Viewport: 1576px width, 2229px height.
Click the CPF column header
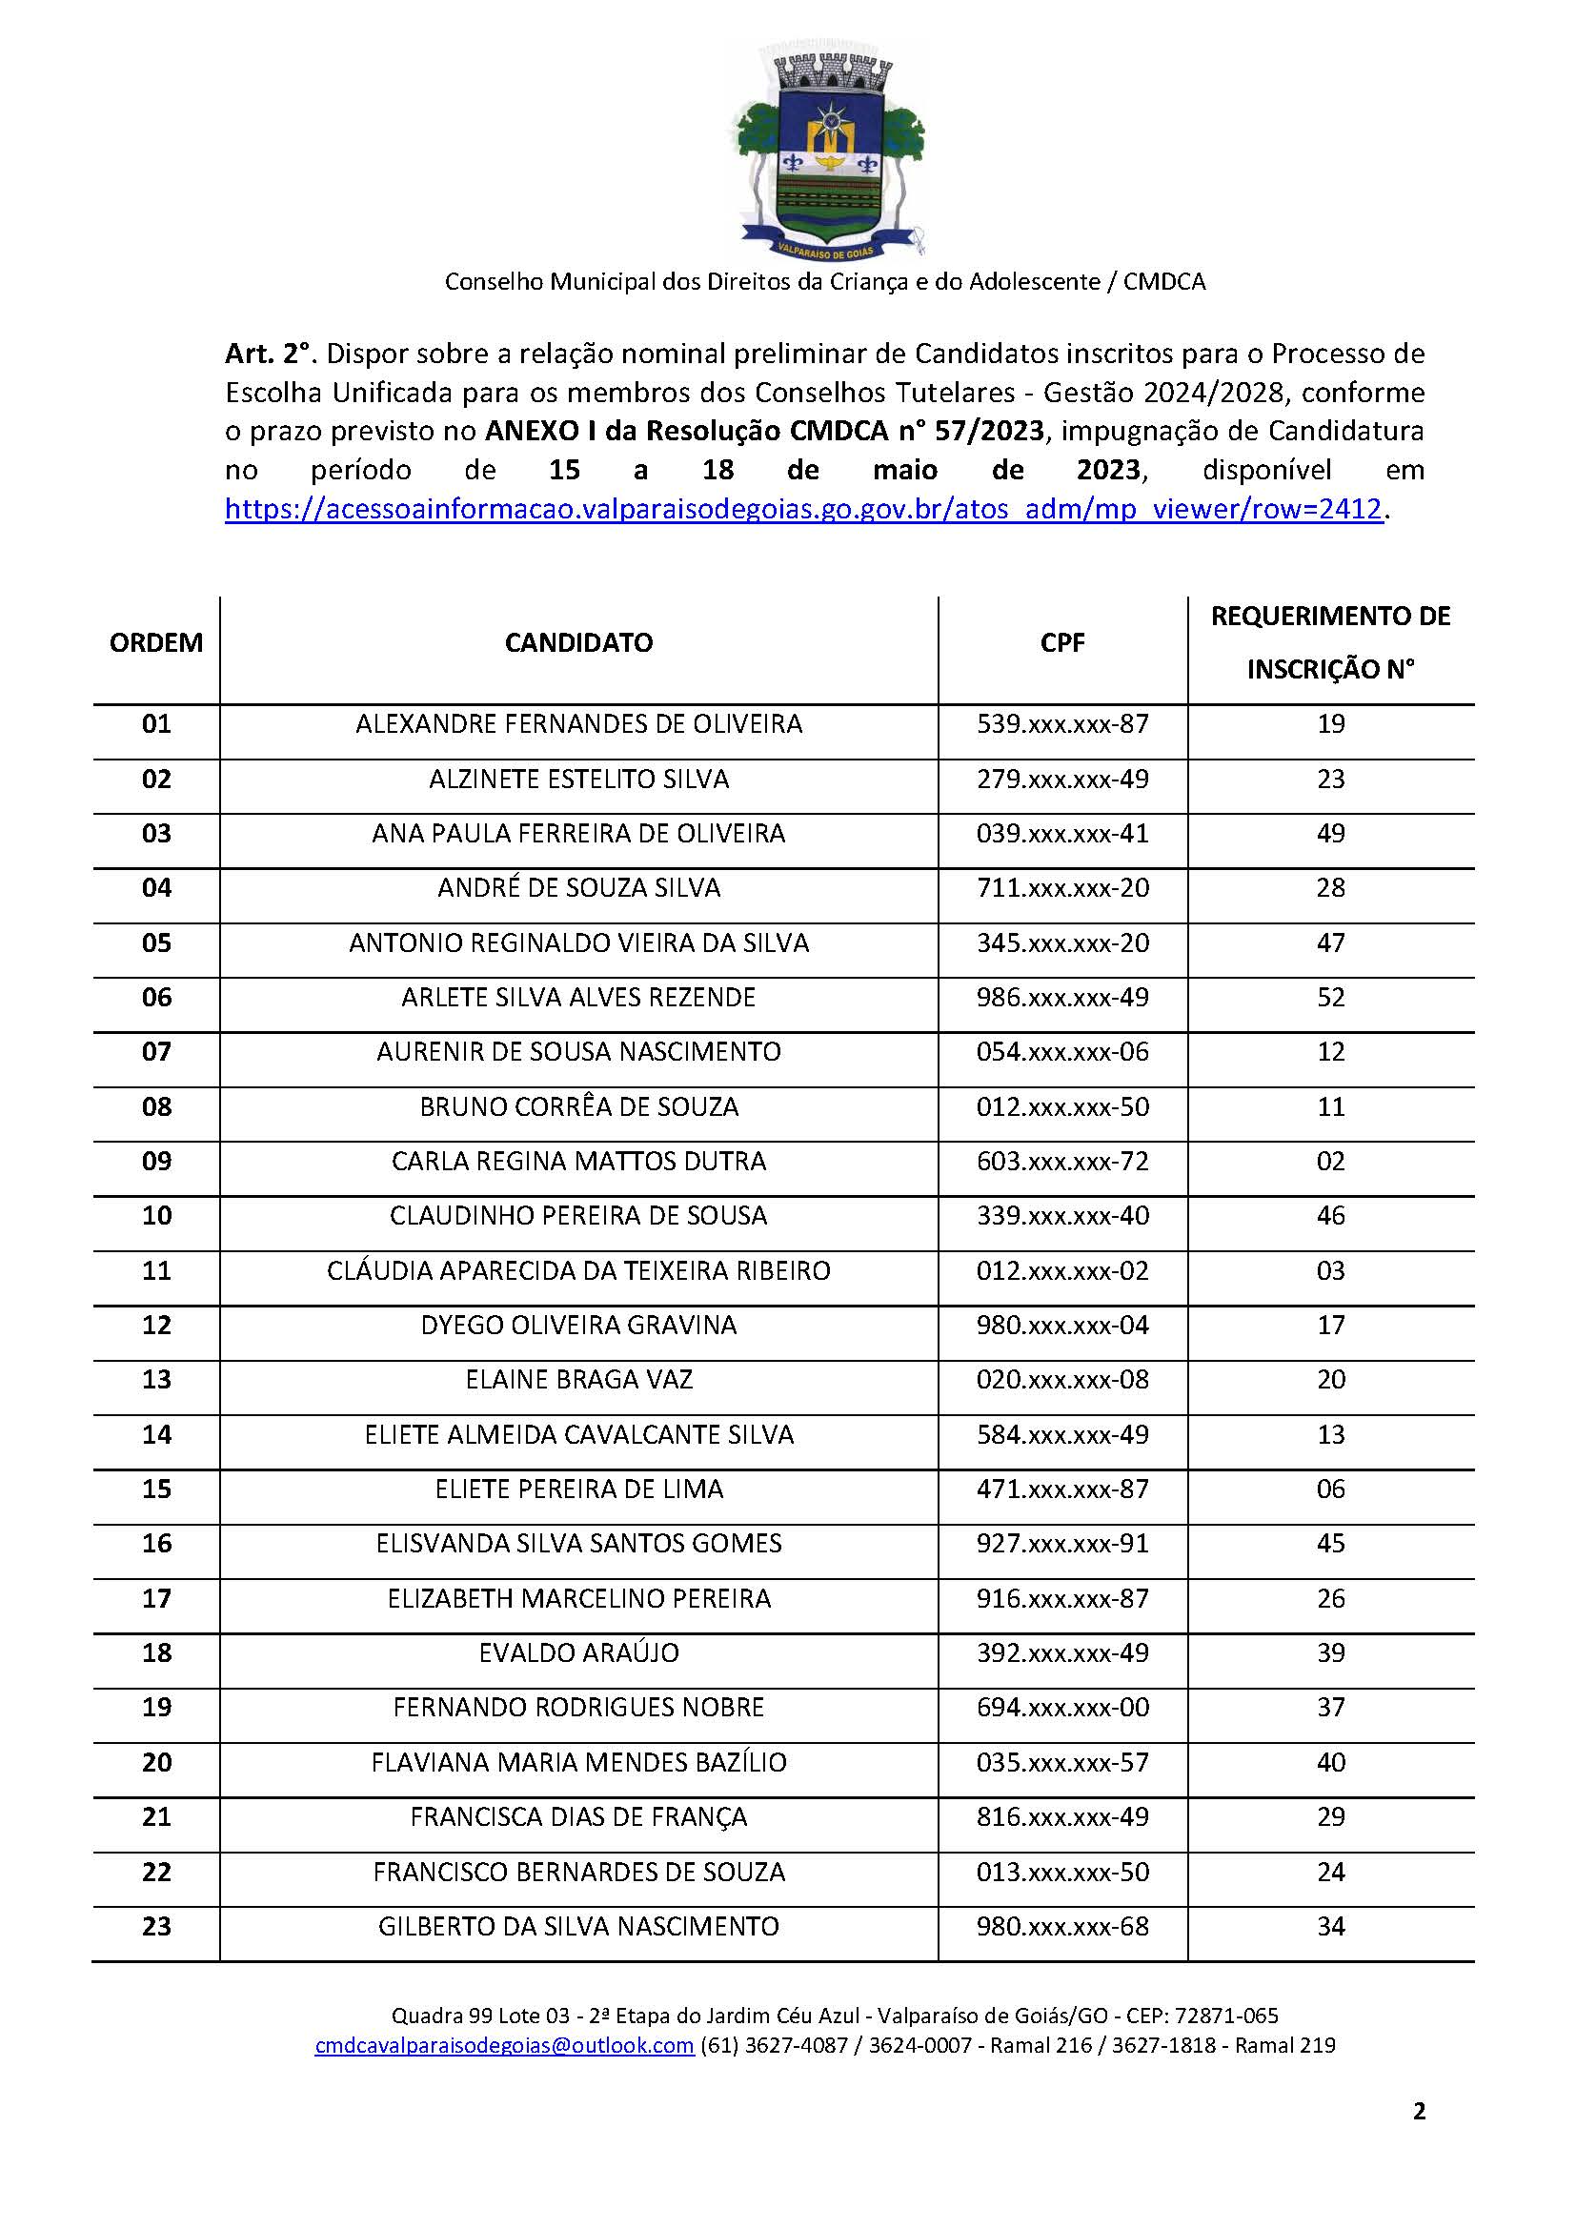coord(1061,642)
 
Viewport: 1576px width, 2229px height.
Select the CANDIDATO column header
coord(578,642)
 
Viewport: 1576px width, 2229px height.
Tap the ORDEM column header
coord(156,642)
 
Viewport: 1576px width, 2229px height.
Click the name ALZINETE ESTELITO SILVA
coord(578,779)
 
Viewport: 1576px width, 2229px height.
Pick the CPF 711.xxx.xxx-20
coord(1061,887)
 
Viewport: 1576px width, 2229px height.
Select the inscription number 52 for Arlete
coord(1330,997)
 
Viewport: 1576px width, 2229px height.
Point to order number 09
coord(156,1161)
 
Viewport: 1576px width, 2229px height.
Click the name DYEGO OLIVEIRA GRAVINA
coord(578,1326)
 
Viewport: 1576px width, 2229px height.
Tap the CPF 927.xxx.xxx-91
coord(1061,1544)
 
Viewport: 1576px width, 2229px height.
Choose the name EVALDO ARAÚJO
coord(578,1652)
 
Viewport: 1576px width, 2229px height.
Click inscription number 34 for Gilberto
coord(1330,1926)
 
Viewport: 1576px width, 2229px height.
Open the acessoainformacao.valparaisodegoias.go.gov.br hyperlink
coord(802,509)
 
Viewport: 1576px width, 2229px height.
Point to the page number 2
coord(1419,2138)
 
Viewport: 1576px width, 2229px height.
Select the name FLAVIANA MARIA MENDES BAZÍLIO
coord(578,1762)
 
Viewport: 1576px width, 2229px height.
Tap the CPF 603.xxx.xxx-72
coord(1061,1161)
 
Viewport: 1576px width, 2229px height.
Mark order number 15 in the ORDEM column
coord(156,1489)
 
